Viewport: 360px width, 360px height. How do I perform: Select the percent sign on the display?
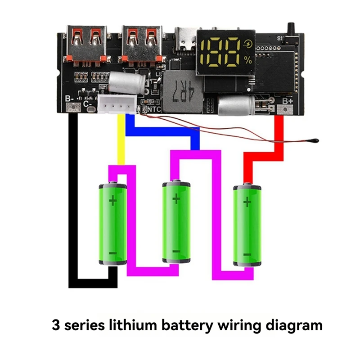pos(248,59)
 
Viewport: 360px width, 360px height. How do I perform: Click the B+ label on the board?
pos(287,101)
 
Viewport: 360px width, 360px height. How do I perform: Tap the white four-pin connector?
pos(116,105)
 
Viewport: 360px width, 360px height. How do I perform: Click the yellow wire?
pos(121,139)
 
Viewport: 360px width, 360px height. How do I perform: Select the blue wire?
pos(162,131)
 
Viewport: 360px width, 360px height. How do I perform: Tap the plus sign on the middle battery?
pos(176,198)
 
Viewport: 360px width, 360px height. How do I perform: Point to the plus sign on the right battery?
pos(247,202)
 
